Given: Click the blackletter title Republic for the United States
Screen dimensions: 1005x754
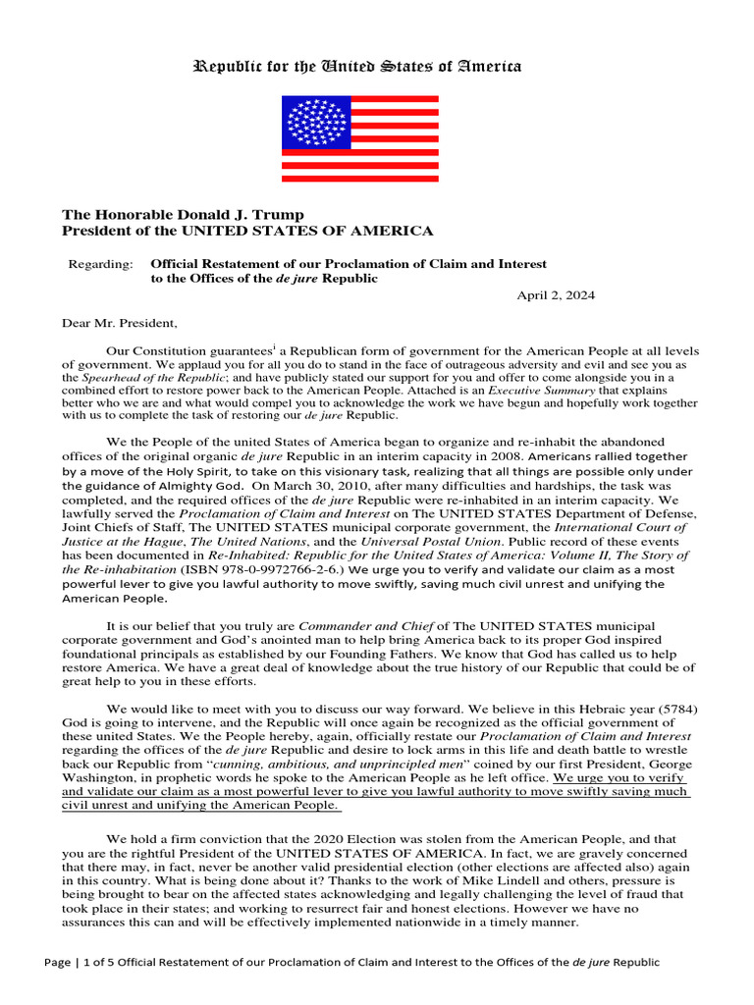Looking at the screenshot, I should pyautogui.click(x=357, y=67).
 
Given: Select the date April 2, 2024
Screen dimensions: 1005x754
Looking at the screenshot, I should pyautogui.click(x=556, y=295).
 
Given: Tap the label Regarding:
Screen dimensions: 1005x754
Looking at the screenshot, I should pyautogui.click(x=99, y=264).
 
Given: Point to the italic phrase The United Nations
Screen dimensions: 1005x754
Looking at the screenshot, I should pyautogui.click(x=237, y=541).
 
